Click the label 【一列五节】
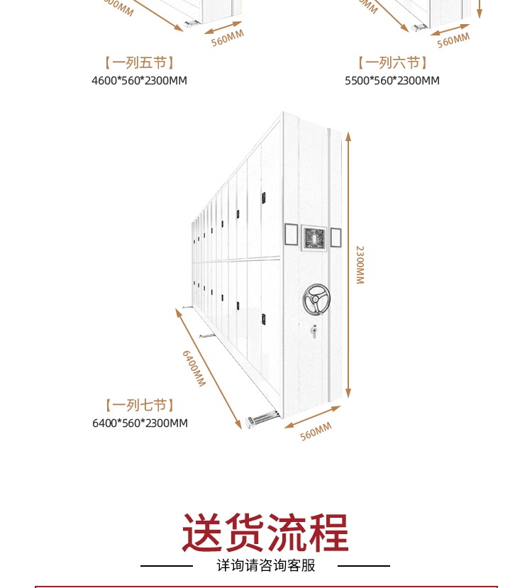click(139, 63)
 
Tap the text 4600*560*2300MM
click(139, 80)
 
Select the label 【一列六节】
click(392, 63)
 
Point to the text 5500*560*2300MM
click(392, 80)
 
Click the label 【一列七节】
click(140, 406)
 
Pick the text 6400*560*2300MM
click(140, 423)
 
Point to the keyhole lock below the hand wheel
click(314, 331)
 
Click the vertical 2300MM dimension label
click(360, 265)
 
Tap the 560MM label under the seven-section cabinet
click(316, 431)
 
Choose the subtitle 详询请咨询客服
click(265, 566)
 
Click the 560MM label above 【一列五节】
click(227, 38)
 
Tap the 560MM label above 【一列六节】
click(453, 40)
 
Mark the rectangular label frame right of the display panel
click(336, 237)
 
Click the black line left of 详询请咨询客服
click(167, 566)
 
